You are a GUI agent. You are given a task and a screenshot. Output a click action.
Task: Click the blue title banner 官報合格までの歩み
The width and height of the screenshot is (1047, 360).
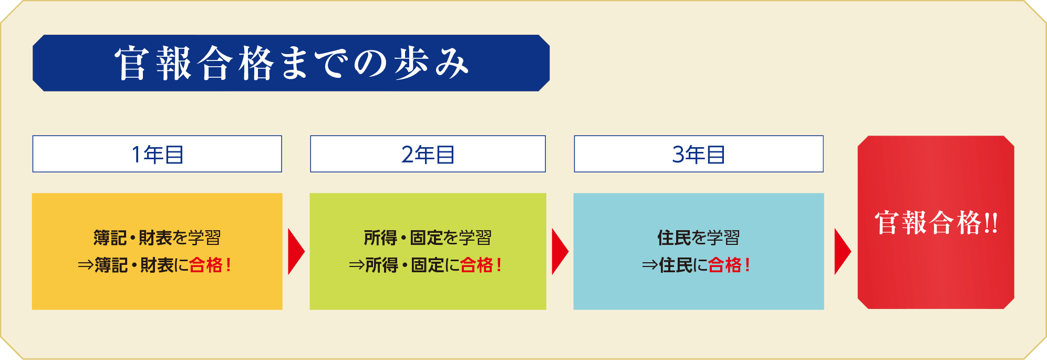coord(291,63)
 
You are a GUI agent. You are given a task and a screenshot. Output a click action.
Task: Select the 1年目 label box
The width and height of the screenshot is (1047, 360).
coord(157,154)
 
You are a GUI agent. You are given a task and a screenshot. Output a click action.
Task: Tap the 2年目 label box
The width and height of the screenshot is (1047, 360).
coord(428,154)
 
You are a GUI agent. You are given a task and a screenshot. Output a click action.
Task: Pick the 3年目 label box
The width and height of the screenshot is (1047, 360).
coord(699,154)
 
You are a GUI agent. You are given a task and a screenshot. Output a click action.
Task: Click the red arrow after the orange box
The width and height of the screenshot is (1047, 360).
coord(296,251)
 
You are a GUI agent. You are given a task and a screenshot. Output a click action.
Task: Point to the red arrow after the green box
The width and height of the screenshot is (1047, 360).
coord(560,251)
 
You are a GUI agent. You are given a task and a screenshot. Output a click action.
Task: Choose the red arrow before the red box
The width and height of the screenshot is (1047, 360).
coord(843,251)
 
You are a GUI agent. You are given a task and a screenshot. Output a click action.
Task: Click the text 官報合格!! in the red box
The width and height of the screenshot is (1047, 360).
coord(936,222)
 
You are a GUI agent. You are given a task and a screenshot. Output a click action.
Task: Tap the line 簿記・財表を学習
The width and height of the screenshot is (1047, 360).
coord(157,238)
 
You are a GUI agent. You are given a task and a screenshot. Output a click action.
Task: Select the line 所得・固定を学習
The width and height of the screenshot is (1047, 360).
coord(428,238)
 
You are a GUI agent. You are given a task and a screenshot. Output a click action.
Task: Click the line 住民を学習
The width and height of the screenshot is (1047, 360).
coord(699,238)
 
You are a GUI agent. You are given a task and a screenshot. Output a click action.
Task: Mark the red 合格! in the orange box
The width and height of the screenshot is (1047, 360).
coord(210,265)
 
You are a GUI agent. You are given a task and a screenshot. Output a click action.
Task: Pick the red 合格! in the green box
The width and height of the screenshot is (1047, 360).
coord(481,265)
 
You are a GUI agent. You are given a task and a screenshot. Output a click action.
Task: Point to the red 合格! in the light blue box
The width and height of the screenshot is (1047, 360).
coord(729,265)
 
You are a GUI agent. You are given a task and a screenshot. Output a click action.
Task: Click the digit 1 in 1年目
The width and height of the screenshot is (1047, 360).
coord(137,155)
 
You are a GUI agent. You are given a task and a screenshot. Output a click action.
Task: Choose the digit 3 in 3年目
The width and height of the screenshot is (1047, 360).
coord(678,155)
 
